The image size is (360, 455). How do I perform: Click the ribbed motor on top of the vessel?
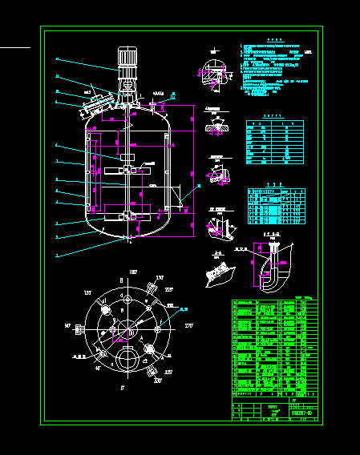tap(127, 59)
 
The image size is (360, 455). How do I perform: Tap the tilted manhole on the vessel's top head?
tap(97, 103)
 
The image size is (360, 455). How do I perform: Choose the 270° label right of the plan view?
tap(188, 327)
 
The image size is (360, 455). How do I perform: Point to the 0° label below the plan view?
tap(122, 387)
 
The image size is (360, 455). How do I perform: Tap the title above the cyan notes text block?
tap(276, 40)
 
